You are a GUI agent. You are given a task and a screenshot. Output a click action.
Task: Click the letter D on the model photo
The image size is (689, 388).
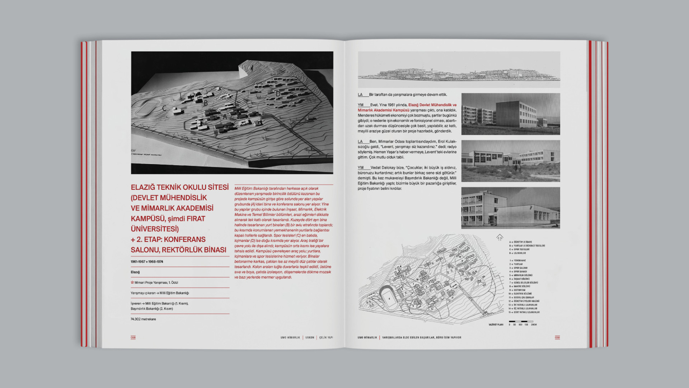[x=278, y=94]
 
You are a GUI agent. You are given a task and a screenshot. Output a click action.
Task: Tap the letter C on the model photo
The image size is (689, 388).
[x=164, y=108]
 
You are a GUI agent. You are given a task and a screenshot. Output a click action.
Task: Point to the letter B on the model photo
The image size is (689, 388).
[x=206, y=103]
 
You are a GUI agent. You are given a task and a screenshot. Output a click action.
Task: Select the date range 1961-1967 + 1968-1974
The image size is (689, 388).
[x=147, y=262]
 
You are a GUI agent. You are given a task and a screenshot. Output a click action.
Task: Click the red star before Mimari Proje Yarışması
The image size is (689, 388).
[x=132, y=282]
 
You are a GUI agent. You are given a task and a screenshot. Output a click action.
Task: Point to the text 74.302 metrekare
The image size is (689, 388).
[x=143, y=319]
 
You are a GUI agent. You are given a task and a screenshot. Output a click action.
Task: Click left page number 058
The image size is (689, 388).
[x=133, y=337]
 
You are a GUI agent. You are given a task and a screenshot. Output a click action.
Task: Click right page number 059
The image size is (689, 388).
[x=557, y=337]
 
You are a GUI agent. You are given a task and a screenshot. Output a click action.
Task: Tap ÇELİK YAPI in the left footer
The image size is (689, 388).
[x=326, y=338]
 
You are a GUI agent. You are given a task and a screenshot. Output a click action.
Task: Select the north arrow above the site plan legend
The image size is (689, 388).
[x=500, y=237]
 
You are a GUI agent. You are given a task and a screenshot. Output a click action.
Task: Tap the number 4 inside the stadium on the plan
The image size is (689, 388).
[x=389, y=299]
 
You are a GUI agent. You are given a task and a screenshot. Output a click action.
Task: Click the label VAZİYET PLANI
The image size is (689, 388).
[x=496, y=325]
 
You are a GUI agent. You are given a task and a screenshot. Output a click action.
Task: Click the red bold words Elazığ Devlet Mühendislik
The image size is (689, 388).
[x=432, y=105]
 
